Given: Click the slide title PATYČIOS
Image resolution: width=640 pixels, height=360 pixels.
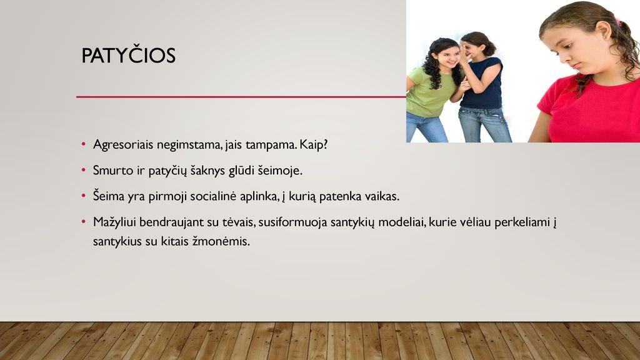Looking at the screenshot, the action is (x=129, y=55).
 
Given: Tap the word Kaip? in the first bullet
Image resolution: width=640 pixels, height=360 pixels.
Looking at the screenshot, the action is (x=314, y=144).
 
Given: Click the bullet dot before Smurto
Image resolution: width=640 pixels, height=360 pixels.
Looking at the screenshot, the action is (x=84, y=170).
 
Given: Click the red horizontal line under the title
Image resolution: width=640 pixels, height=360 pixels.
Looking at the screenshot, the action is (x=241, y=97).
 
